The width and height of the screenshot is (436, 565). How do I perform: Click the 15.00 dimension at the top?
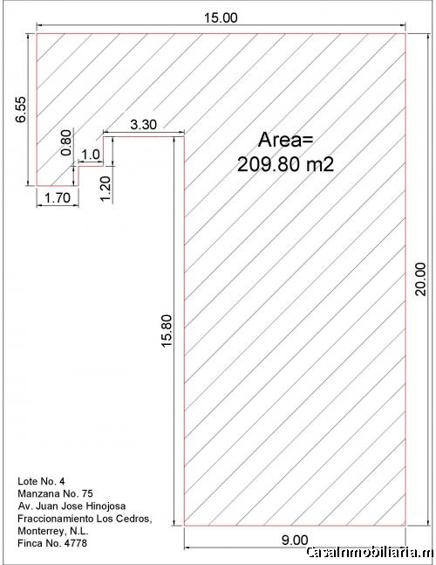[x=221, y=17]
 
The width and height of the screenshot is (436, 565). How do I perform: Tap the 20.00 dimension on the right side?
[x=420, y=279]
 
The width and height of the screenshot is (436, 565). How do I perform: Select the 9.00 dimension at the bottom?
[x=295, y=541]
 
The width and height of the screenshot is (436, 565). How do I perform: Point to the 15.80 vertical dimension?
[x=167, y=331]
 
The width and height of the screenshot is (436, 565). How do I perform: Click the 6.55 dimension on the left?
[x=21, y=109]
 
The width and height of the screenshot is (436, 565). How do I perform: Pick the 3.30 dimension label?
[x=144, y=125]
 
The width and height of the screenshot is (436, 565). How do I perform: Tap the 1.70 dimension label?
[x=58, y=198]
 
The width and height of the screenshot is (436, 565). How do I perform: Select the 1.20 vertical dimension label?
[x=106, y=189]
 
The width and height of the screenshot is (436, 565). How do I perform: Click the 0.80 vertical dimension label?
[x=66, y=142]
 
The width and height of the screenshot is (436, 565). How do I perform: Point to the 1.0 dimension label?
[x=91, y=155]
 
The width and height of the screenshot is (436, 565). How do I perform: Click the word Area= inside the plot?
[x=286, y=140]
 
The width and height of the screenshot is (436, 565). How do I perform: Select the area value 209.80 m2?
[x=286, y=165]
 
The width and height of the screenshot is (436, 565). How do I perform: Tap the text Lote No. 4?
[x=41, y=481]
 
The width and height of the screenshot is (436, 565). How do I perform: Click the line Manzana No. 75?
[x=55, y=493]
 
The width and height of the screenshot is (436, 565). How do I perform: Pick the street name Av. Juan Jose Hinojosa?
[x=72, y=506]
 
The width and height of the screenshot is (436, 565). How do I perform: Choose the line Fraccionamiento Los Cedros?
[x=85, y=519]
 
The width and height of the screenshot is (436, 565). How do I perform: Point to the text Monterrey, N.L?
[x=53, y=531]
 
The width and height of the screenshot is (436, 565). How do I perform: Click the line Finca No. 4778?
[x=52, y=543]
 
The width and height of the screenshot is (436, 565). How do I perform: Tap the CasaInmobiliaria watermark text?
[x=371, y=553]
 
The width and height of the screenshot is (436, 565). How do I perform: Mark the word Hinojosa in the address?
[x=106, y=506]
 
